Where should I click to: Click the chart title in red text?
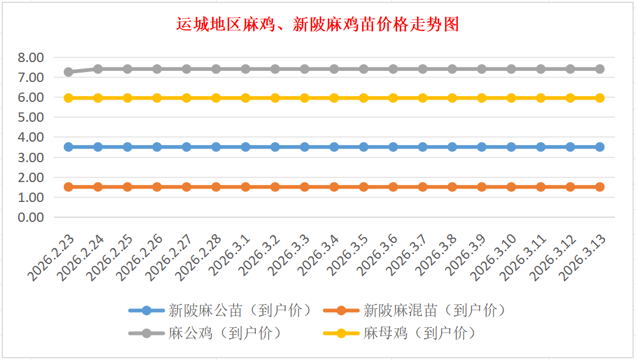click(317, 24)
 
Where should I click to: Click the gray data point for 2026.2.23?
click(69, 72)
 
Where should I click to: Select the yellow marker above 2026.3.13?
click(600, 98)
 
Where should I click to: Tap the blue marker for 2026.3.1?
click(245, 147)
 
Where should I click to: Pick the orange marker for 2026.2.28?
click(216, 187)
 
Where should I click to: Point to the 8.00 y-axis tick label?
click(31, 57)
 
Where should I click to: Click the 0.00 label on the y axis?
click(31, 217)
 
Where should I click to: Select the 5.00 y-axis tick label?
click(31, 117)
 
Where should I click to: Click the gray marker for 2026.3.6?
click(393, 69)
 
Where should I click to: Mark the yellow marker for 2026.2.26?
click(157, 98)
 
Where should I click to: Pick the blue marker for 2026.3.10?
click(511, 147)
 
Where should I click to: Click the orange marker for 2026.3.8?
click(452, 187)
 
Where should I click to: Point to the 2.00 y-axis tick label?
click(31, 177)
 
